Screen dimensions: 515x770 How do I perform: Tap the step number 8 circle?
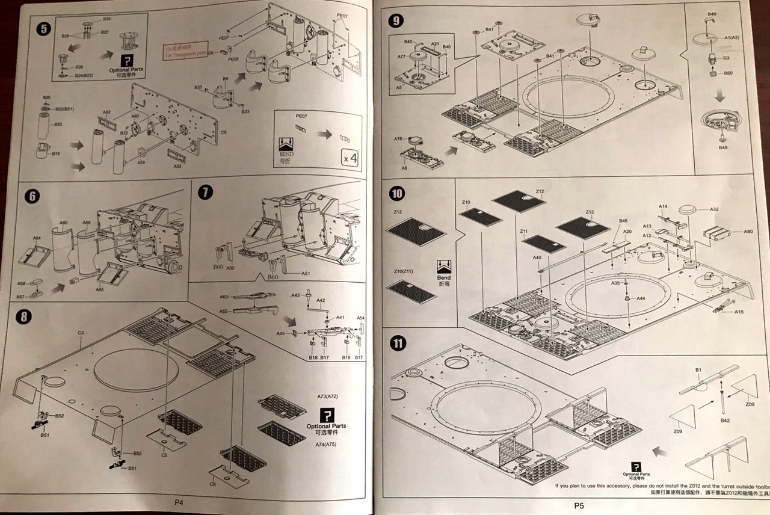click(x=23, y=317)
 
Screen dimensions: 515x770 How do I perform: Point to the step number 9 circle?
click(x=396, y=20)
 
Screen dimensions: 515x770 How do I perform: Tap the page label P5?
click(x=579, y=506)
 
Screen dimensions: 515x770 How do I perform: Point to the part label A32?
click(x=714, y=209)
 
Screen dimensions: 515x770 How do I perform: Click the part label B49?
click(x=712, y=14)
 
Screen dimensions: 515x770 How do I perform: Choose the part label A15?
click(x=739, y=312)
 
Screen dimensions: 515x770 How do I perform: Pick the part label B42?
click(x=725, y=420)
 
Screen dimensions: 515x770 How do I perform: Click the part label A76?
click(x=398, y=139)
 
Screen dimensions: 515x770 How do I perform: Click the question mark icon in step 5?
click(x=127, y=61)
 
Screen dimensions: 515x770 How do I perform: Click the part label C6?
click(x=212, y=484)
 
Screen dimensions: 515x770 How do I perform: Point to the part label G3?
click(x=726, y=58)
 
